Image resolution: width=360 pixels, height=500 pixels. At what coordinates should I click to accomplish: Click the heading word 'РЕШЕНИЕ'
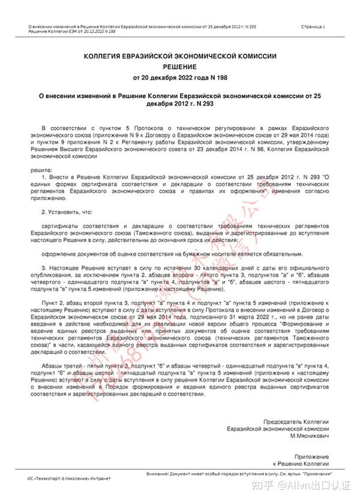tap(179, 67)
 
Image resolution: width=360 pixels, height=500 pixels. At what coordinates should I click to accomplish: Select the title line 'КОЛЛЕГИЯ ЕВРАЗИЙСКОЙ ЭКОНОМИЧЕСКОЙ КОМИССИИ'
tap(179, 56)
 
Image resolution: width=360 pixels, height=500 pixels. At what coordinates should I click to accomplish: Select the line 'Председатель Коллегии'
tap(296, 422)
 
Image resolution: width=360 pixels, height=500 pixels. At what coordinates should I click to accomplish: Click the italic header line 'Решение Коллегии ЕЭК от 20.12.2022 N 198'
tap(64, 32)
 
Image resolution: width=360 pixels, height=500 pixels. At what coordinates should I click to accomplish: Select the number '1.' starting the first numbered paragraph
tap(44, 178)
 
